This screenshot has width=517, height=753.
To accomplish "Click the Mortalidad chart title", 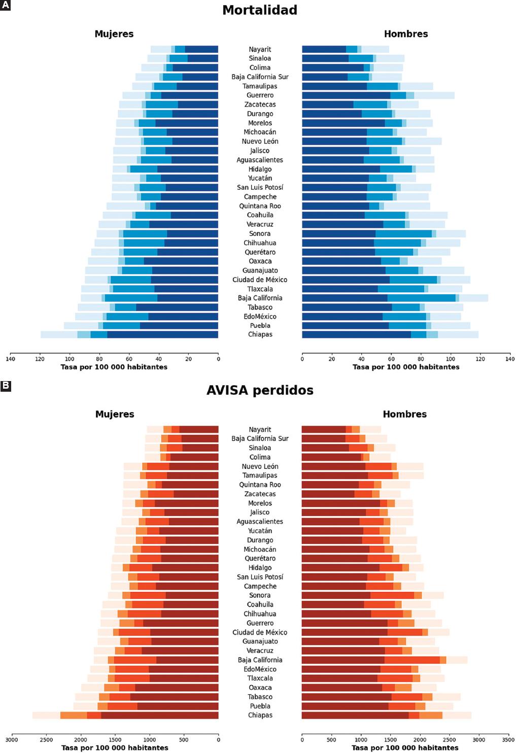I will click(260, 10).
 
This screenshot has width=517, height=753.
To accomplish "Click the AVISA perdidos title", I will click(260, 390).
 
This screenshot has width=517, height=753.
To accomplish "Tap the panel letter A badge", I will click(6, 6).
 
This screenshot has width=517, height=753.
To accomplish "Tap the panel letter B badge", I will click(6, 386).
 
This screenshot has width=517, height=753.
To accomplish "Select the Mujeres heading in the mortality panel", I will click(114, 34).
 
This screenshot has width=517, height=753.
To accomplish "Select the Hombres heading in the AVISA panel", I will click(404, 414).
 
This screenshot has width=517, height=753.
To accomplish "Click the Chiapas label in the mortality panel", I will click(260, 334).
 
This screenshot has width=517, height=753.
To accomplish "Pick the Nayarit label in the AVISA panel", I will click(260, 430).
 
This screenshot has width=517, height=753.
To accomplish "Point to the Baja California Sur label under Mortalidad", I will click(260, 77).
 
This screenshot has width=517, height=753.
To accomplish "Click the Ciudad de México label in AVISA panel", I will click(260, 632).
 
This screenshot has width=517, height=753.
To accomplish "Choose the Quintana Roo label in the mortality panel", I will click(260, 206).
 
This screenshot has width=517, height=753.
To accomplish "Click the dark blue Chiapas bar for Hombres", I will click(356, 334).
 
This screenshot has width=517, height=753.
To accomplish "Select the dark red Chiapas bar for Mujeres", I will click(160, 715).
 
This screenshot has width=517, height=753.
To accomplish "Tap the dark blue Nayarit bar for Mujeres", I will click(201, 49).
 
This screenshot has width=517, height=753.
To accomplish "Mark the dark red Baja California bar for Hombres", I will click(343, 660).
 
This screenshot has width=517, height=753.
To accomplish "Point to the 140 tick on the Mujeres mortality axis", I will click(10, 359).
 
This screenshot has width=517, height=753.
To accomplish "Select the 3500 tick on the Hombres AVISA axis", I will click(509, 740).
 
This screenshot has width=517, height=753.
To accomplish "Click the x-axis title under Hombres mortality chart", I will click(406, 367).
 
